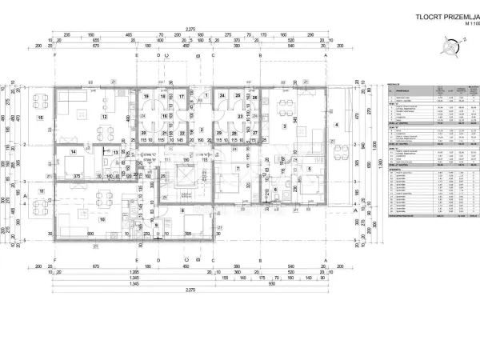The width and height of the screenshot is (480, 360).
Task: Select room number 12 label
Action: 103,118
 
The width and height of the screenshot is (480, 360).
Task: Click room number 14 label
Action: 73,151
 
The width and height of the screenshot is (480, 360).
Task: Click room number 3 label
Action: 283,126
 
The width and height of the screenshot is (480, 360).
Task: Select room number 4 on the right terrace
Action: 336,125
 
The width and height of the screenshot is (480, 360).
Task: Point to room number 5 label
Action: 308,170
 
